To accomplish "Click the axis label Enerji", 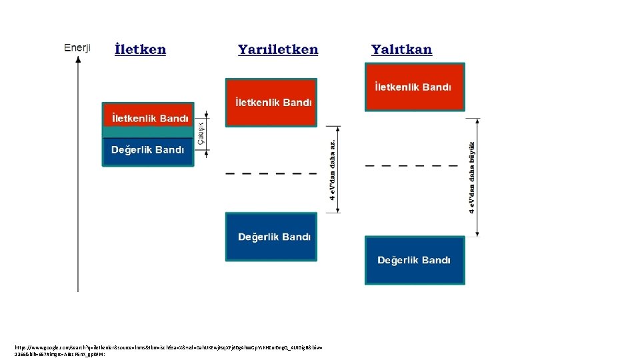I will pos(77,48).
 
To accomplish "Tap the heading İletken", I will pos(140,50).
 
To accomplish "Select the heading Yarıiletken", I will pos(278,50).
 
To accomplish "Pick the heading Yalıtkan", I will pos(401,50).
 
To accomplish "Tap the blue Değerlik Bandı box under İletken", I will pos(148,151).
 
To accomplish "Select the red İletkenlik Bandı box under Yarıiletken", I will pos(271,102).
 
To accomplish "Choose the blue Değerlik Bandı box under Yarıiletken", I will pos(271,237).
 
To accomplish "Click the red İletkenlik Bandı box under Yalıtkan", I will pos(414,87).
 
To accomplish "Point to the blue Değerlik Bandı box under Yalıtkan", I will pos(414,260).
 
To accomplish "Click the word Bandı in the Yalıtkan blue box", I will pos(436,260).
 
